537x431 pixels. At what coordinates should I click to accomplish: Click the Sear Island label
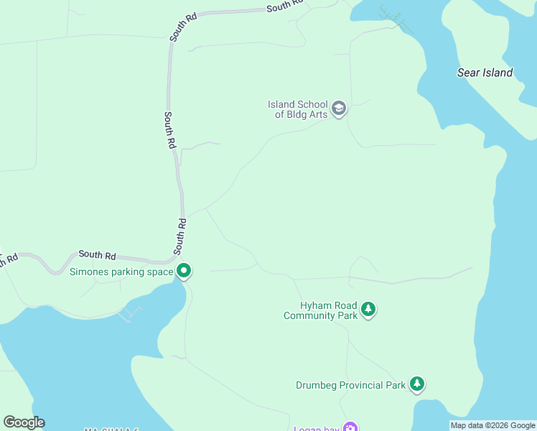[485, 73]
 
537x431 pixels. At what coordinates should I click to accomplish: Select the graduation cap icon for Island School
[339, 109]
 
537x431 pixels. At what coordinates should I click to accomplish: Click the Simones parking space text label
[121, 272]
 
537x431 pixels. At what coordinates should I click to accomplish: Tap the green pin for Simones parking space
[184, 271]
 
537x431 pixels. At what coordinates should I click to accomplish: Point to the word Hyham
[315, 305]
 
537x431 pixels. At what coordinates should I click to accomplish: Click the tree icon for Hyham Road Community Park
[368, 310]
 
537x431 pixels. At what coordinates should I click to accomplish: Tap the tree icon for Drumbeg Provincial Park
[417, 384]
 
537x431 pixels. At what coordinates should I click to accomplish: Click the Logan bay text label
[316, 429]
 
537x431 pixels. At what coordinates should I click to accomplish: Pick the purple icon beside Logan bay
[350, 428]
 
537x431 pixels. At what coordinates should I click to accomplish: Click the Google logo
[24, 422]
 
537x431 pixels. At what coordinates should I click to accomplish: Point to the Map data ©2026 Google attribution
[492, 425]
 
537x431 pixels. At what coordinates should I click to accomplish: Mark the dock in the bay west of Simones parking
[130, 312]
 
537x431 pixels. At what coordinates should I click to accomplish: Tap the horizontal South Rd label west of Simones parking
[98, 254]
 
